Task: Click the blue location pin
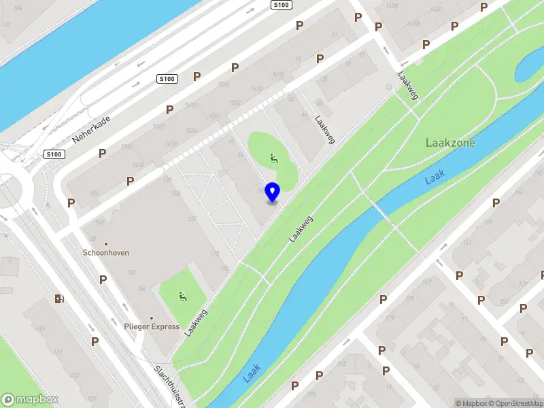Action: point(272,192)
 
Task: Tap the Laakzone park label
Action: point(449,143)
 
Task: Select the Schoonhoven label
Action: point(105,252)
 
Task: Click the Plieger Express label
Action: point(152,326)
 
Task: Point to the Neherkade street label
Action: point(91,129)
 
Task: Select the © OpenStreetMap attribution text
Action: point(515,403)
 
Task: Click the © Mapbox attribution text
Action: point(471,403)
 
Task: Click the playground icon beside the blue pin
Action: point(274,159)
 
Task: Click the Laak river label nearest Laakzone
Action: point(435,177)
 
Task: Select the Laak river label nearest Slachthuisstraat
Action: point(252,373)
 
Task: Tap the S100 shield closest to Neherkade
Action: point(54,154)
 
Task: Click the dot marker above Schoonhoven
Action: point(105,243)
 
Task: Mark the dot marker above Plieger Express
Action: point(152,318)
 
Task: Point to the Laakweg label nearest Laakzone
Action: point(408,87)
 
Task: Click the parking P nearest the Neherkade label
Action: point(102,154)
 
